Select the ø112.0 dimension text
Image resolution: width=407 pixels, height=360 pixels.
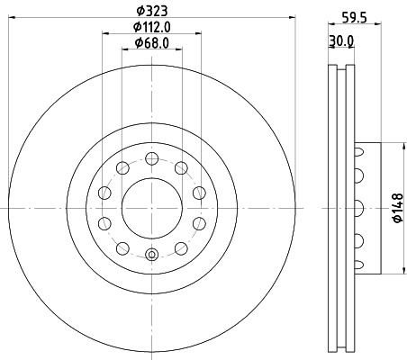click(151, 27)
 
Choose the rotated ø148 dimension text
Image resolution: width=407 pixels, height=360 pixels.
click(397, 207)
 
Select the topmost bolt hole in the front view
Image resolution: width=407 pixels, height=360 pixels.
click(151, 158)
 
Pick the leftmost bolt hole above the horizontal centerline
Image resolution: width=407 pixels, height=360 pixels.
click(104, 193)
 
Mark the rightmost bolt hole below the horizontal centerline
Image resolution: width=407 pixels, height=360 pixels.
click(198, 222)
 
